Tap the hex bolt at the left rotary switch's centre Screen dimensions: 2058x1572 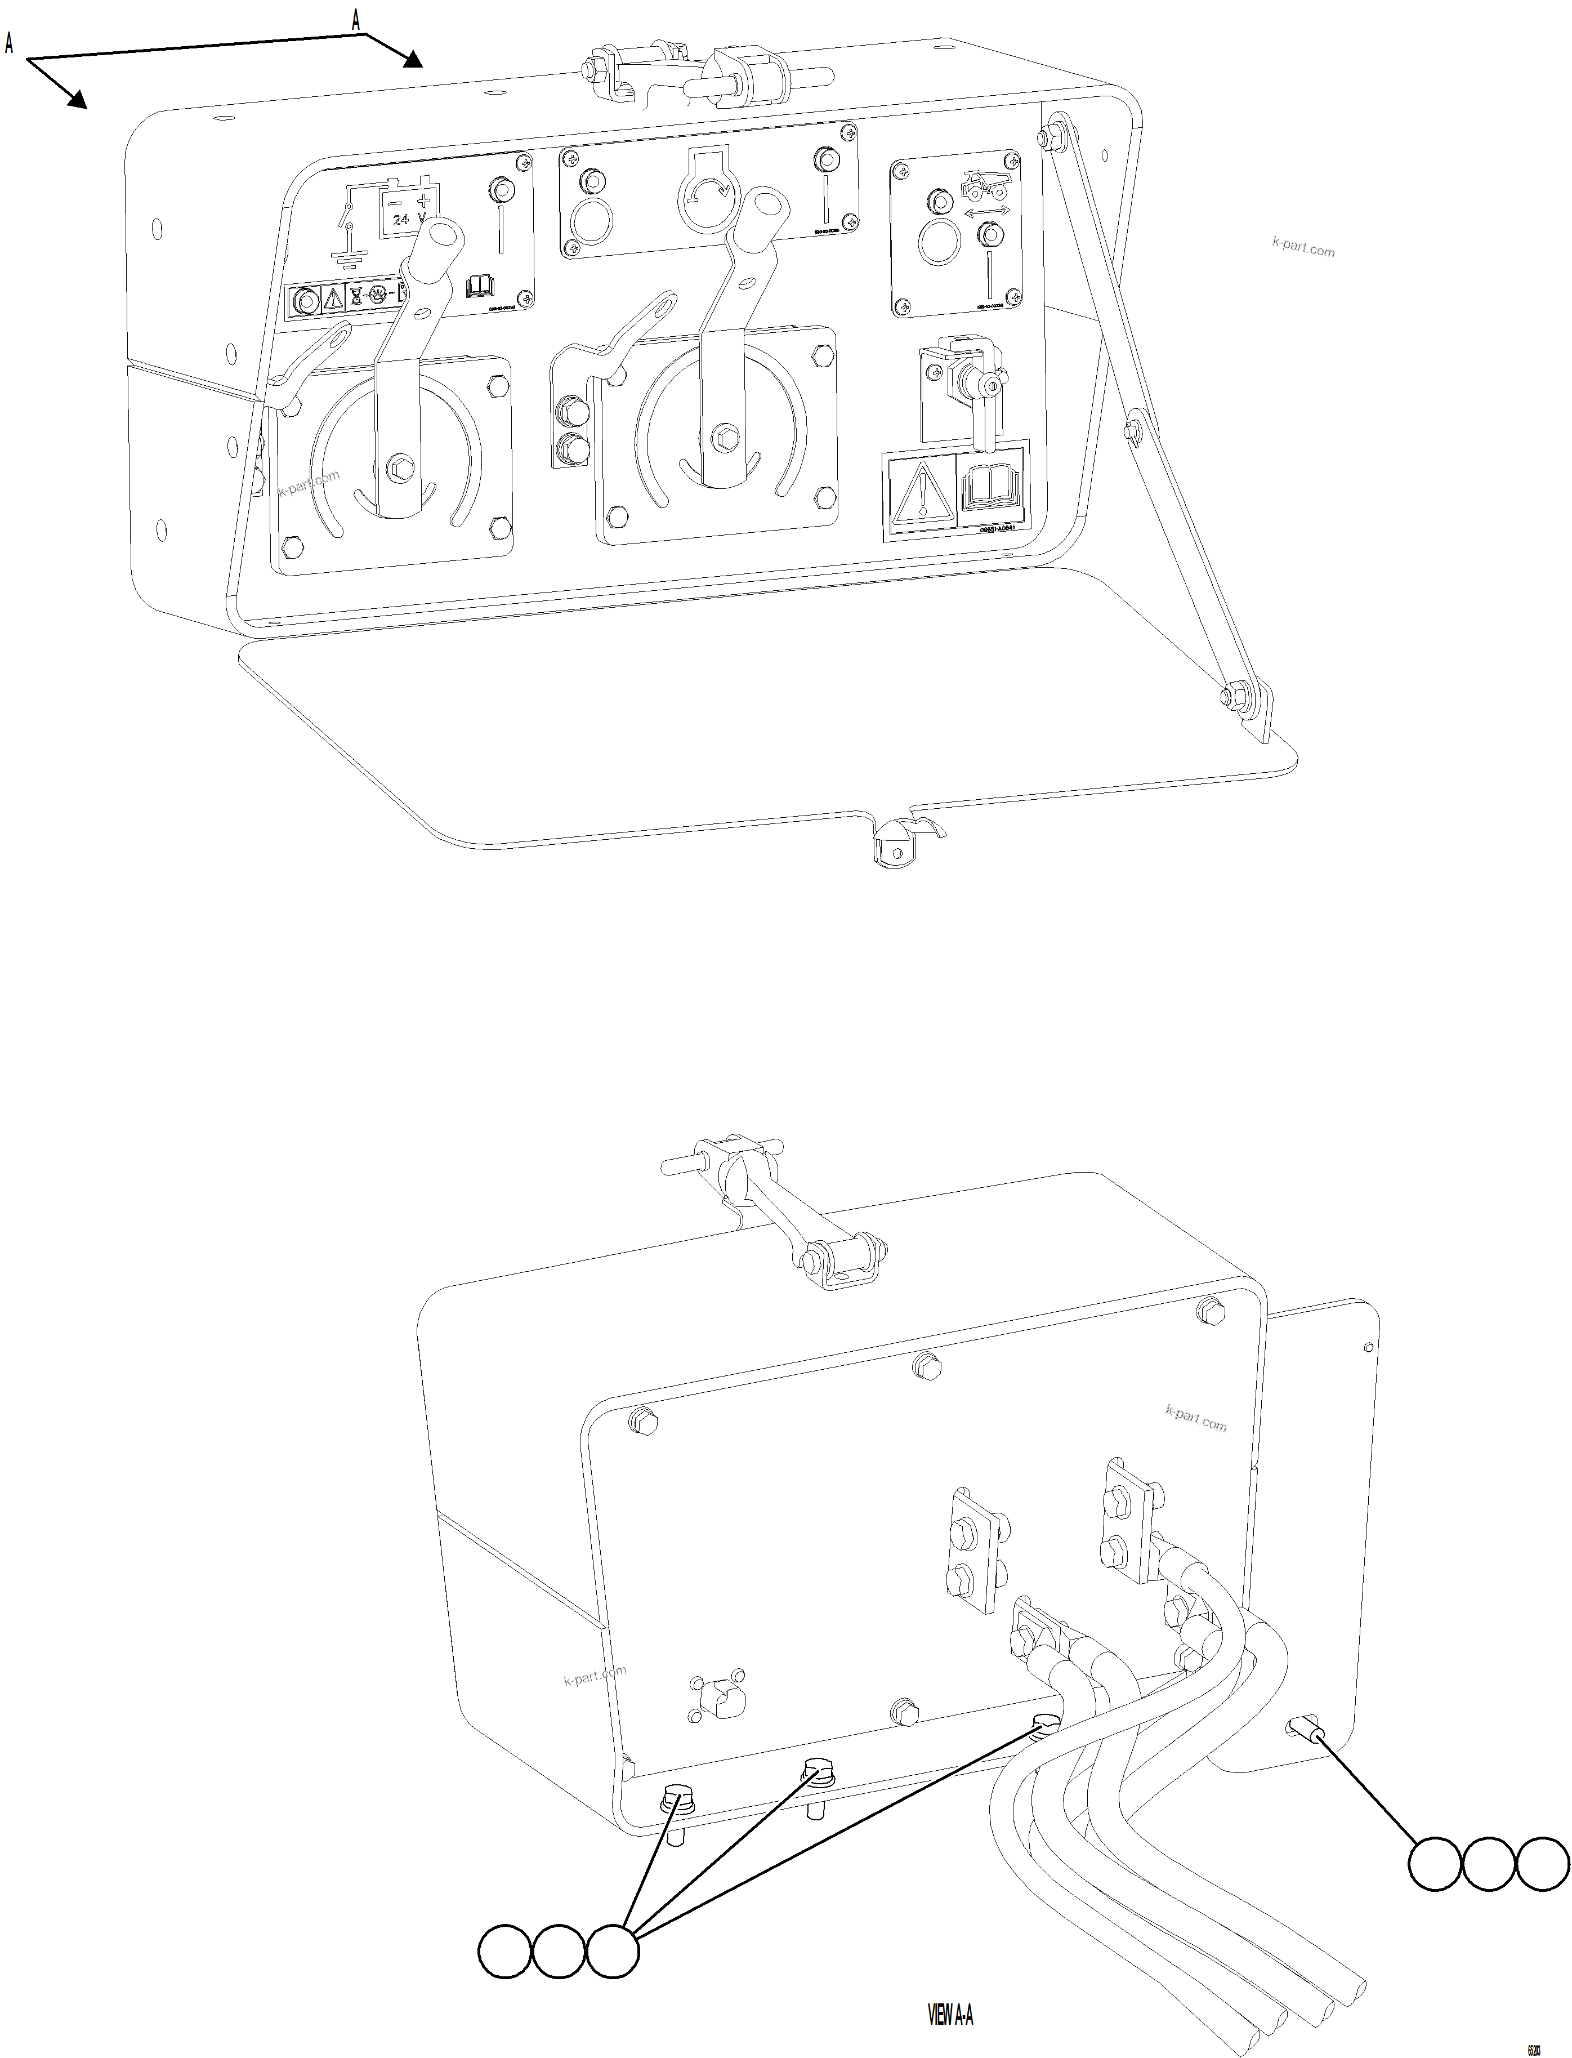point(400,465)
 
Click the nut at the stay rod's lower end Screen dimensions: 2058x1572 point(1232,696)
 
